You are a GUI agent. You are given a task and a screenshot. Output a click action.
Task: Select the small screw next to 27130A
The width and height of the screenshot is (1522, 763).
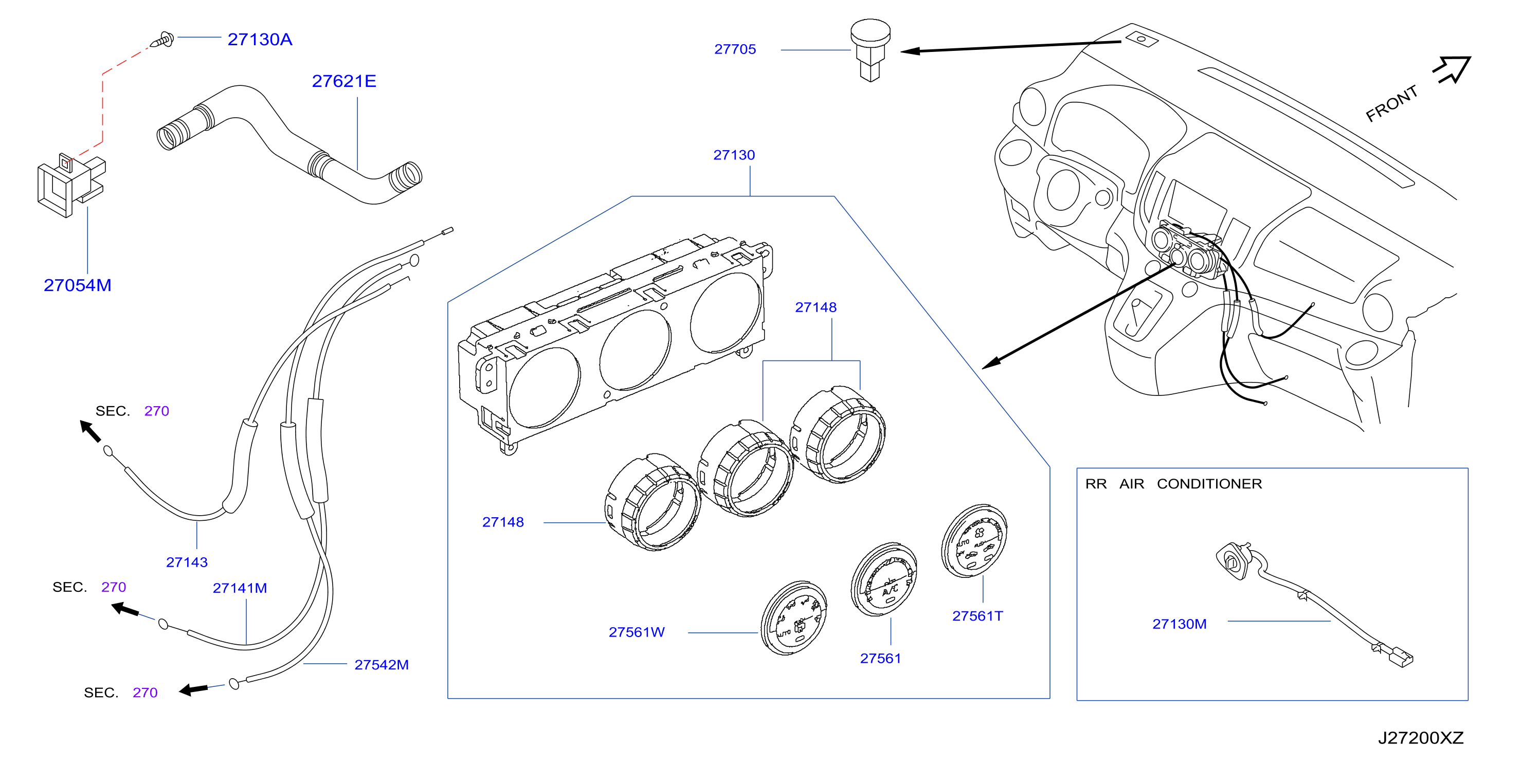(162, 40)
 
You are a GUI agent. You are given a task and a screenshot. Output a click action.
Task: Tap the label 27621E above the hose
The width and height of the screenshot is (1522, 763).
(344, 81)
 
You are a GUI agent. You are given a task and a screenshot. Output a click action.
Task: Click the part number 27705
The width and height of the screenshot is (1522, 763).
(734, 49)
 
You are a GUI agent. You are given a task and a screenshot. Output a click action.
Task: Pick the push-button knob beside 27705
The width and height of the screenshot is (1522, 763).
(871, 50)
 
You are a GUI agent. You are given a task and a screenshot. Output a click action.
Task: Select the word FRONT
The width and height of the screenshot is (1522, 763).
(1391, 103)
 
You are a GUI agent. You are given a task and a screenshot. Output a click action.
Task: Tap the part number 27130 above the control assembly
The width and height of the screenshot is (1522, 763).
(734, 155)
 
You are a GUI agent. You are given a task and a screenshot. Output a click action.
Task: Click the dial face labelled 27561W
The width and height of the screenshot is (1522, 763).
(793, 617)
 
